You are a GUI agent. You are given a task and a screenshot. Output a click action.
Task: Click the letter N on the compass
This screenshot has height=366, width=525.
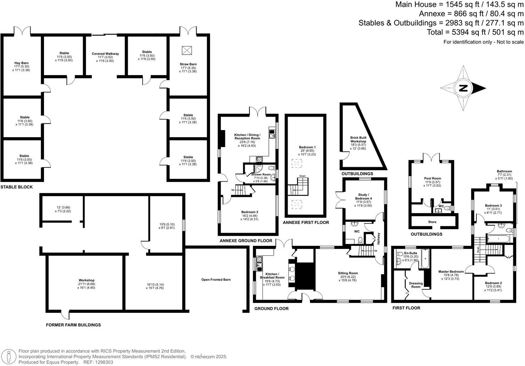pos(463,88)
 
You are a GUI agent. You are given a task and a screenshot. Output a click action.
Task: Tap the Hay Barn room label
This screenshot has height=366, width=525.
pos(22,63)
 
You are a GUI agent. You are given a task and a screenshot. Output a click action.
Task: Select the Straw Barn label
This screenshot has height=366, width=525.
pos(188,64)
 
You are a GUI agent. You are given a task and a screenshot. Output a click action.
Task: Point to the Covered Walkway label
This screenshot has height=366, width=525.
pos(105,54)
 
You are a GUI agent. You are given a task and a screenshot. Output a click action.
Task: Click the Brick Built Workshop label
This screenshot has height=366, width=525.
pos(358,139)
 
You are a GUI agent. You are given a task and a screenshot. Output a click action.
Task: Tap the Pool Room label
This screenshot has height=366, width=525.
pos(432,178)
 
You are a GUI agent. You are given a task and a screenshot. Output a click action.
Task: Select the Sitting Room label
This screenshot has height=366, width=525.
pos(348,273)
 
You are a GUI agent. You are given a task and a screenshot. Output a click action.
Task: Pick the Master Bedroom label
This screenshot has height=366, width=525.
pos(451,272)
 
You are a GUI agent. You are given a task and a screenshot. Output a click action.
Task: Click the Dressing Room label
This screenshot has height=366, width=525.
pos(416,285)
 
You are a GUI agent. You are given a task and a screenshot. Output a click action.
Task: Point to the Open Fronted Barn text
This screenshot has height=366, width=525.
pos(216,279)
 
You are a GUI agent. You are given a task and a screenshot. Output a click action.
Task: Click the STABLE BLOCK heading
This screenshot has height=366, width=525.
pos(17,187)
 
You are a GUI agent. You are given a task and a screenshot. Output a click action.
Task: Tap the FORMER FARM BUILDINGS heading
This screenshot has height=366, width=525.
pos(73,325)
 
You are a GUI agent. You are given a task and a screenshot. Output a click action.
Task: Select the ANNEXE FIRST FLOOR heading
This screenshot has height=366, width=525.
pos(306,222)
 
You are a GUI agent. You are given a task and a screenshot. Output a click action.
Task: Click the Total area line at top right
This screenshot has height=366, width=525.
pos(475,32)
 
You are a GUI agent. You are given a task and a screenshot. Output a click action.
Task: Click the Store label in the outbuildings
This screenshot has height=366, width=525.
pos(432,222)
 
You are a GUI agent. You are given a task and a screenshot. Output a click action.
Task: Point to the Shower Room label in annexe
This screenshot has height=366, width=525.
pos(261,174)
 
